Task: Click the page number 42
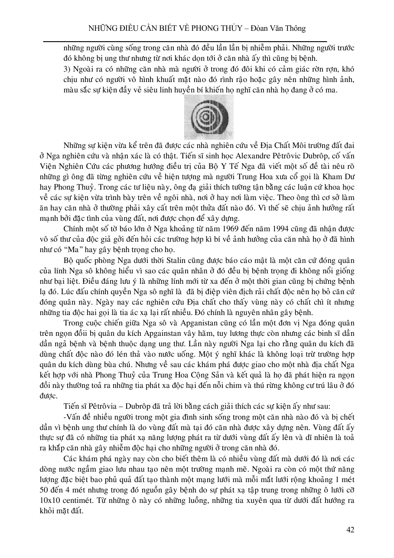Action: [351, 529]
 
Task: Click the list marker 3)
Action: [67, 68]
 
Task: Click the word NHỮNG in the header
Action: [101, 29]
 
